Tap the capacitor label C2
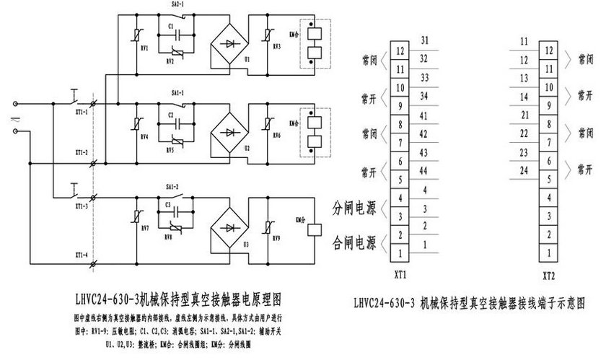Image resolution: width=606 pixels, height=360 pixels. (171, 115)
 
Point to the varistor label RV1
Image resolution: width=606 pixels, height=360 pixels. (145, 49)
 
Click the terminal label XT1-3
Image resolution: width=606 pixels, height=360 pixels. (82, 206)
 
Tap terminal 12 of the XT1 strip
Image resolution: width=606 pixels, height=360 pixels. (400, 52)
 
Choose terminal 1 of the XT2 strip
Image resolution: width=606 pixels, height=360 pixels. (550, 254)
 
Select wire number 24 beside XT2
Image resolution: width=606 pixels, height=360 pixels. (524, 170)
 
